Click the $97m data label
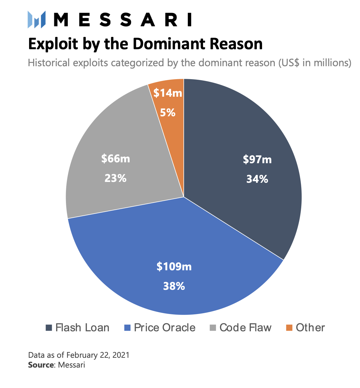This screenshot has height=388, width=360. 257,159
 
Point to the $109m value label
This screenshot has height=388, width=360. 174,267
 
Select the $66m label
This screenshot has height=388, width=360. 115,159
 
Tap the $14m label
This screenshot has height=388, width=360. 168,93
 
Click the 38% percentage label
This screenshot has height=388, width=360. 174,286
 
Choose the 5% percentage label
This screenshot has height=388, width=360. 168,113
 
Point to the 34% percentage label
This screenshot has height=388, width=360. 257,179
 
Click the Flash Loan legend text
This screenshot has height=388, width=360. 82,328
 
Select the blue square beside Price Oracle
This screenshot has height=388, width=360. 127,328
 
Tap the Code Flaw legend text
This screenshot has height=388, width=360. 245,328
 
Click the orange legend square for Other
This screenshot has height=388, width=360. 289,328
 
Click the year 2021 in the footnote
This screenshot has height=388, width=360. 121,355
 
